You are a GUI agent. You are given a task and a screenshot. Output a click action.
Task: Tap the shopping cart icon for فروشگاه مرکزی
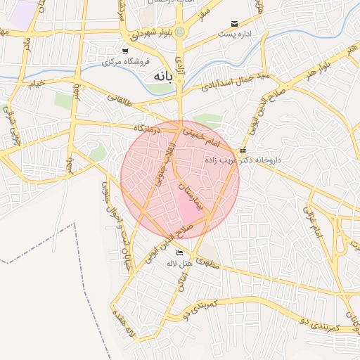pyautogui.click(x=125, y=51)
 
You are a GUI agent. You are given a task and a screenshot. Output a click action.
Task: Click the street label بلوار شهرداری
pyautogui.click(x=147, y=36)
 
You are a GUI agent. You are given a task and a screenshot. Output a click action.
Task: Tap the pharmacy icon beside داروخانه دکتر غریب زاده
pyautogui.click(x=243, y=150)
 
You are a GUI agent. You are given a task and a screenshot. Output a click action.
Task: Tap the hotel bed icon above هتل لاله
pyautogui.click(x=180, y=252)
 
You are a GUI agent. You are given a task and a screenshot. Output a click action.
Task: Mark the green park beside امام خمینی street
pyautogui.click(x=207, y=120)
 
